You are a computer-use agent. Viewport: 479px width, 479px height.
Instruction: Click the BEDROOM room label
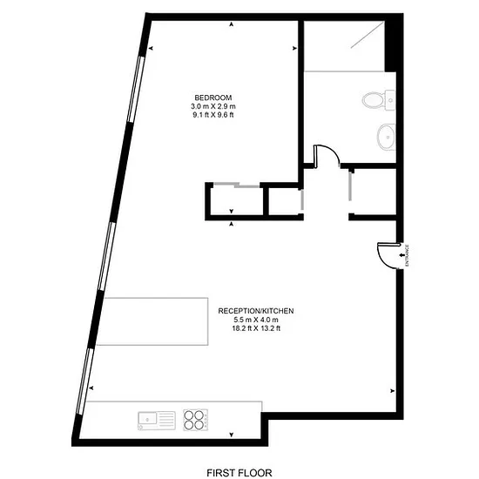click(213, 98)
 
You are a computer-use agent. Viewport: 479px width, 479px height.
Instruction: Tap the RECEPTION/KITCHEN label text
click(256, 311)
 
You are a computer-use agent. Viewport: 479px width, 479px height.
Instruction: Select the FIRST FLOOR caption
click(239, 473)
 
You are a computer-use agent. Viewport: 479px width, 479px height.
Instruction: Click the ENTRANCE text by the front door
click(407, 256)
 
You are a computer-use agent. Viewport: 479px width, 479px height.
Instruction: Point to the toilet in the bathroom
click(378, 100)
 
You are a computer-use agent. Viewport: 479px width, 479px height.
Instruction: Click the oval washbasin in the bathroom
click(386, 137)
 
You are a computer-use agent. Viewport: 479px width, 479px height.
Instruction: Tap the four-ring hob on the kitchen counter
click(195, 420)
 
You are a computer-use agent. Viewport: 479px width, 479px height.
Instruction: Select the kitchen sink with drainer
click(157, 421)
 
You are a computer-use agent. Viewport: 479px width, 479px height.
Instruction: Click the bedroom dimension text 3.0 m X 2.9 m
click(213, 106)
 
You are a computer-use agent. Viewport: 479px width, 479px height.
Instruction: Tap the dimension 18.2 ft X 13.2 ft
click(256, 328)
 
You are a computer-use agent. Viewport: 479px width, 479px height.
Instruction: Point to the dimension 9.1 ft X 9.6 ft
click(213, 115)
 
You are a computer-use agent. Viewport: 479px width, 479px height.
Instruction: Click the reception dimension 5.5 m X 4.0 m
click(256, 320)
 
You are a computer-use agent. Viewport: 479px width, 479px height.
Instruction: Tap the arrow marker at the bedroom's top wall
click(232, 24)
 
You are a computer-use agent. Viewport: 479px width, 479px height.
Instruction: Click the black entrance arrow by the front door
click(401, 255)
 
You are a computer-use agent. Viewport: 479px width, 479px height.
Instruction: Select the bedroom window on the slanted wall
click(135, 89)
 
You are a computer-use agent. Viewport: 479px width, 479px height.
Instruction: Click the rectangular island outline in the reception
click(152, 321)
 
